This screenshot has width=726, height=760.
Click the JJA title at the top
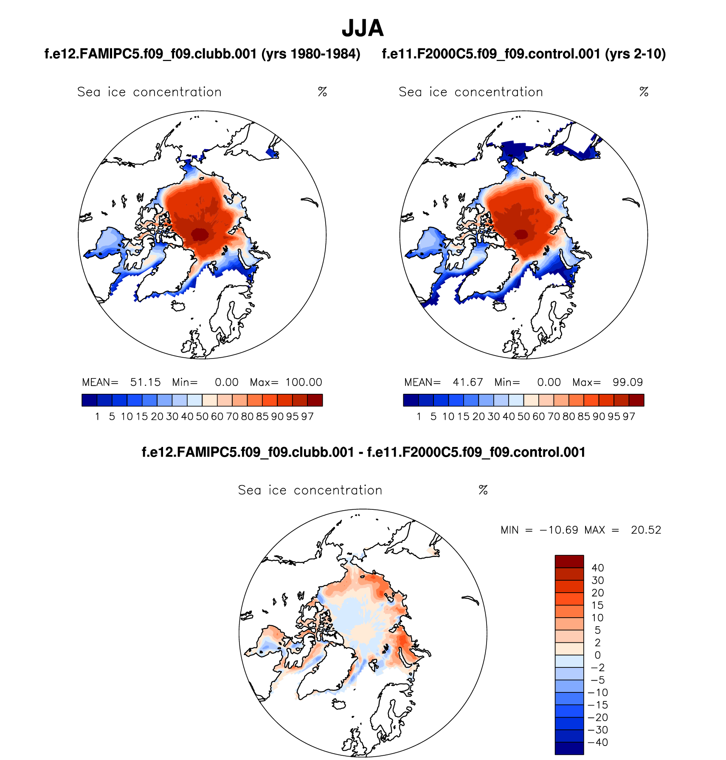[x=363, y=28]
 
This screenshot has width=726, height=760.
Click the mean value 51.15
[x=145, y=382]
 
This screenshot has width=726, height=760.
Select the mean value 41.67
[x=467, y=382]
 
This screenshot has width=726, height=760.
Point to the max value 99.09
[x=628, y=382]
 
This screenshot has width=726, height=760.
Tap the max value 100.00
[x=304, y=382]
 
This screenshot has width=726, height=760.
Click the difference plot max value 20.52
[x=646, y=530]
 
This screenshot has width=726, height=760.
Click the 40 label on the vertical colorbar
[x=598, y=568]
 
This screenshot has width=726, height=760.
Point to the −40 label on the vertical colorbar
[x=598, y=743]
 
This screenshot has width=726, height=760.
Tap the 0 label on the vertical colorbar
[x=598, y=655]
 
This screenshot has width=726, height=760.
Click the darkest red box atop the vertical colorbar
[x=569, y=561]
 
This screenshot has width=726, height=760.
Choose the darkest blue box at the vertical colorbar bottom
[x=569, y=749]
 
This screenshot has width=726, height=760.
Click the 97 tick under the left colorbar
[x=307, y=417]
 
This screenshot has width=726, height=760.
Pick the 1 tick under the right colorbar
[x=419, y=417]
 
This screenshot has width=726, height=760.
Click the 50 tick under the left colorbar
[x=202, y=417]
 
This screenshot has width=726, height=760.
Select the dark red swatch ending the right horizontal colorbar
[x=636, y=400]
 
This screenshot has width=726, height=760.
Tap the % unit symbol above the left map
[x=322, y=92]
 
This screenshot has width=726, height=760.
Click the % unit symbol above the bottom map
[x=483, y=490]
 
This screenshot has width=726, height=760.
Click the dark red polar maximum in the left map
[x=199, y=234]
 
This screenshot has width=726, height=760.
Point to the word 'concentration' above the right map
[x=499, y=92]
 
